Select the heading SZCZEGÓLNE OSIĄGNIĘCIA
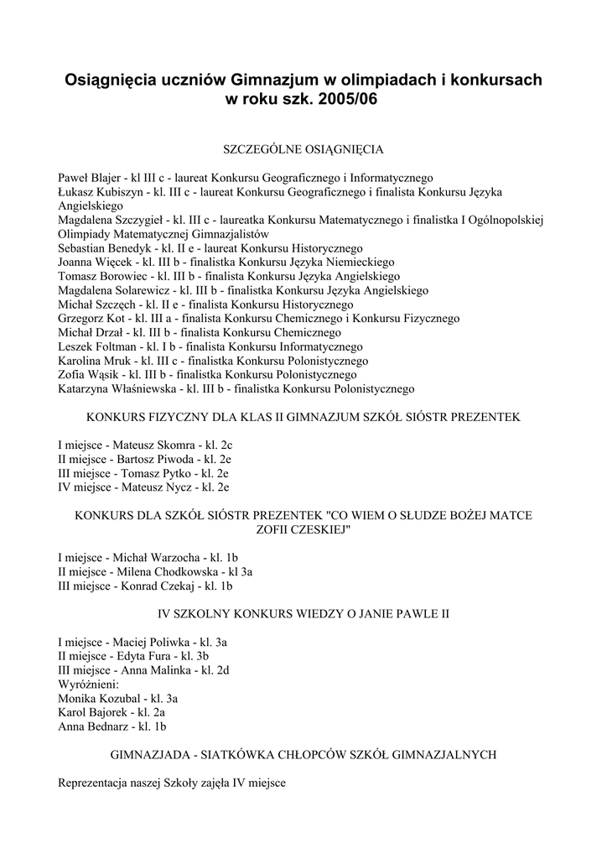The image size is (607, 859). click(303, 149)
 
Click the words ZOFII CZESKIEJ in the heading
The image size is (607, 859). click(304, 529)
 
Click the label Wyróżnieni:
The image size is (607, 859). click(89, 685)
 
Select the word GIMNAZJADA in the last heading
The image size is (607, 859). click(157, 754)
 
